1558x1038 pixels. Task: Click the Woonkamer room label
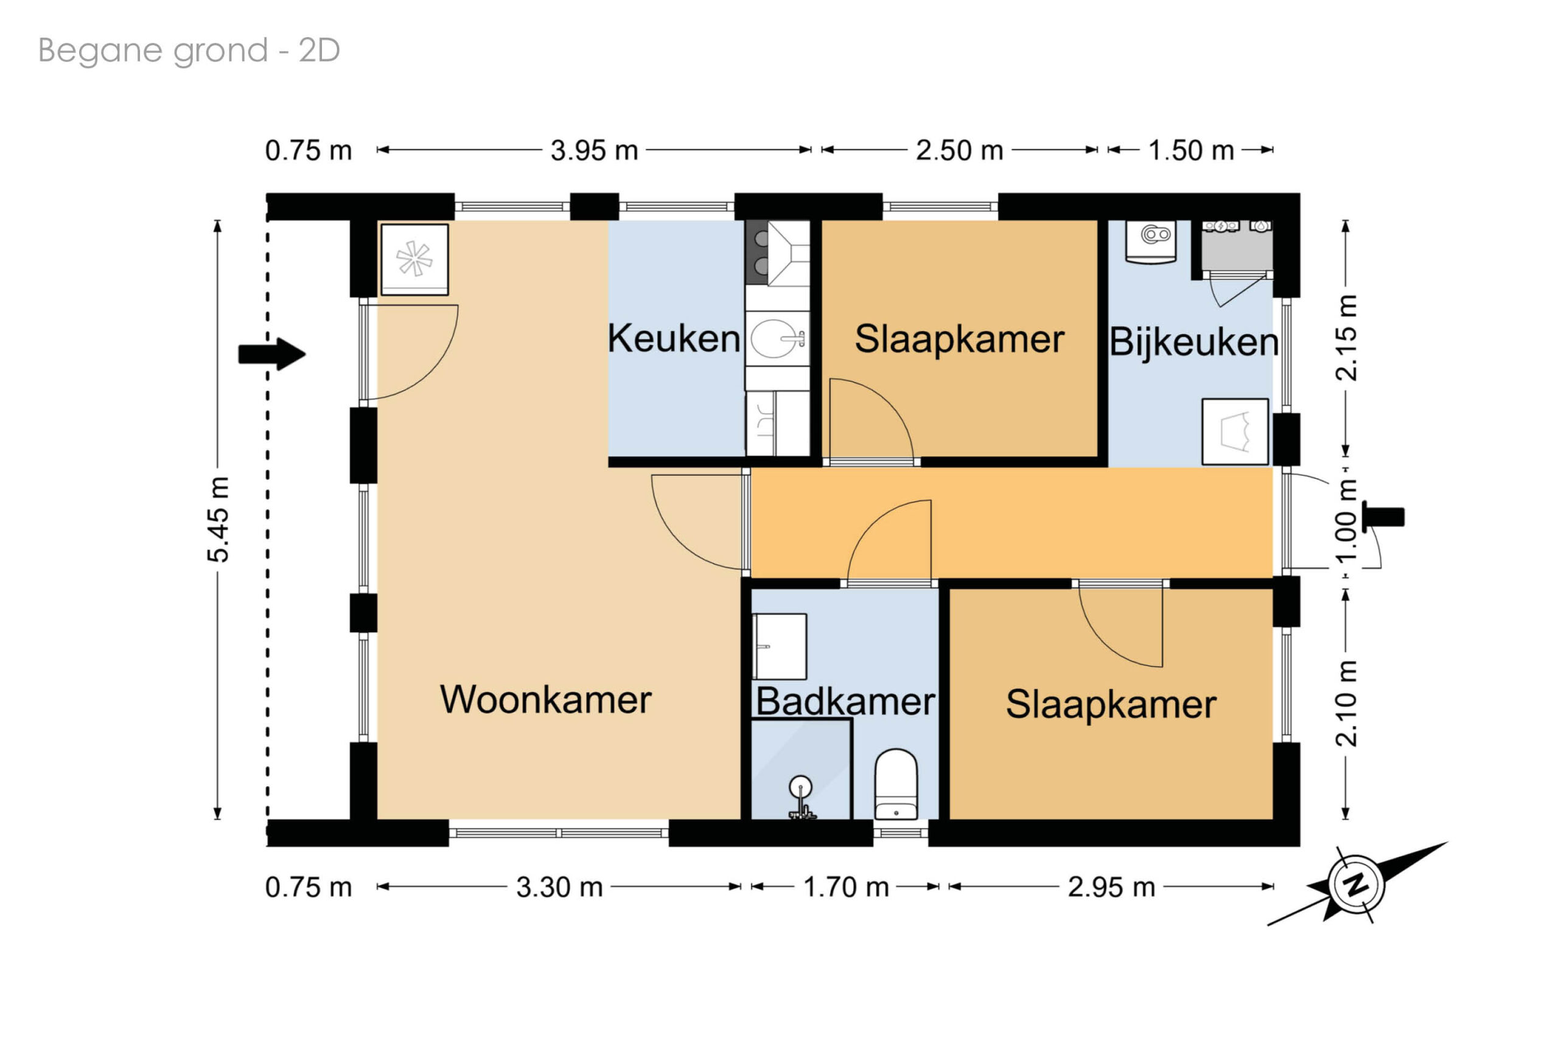[x=545, y=700]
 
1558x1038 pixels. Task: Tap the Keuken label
[x=673, y=338]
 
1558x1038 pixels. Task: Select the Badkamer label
[x=845, y=701]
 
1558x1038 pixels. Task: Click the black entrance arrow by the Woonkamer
[x=272, y=354]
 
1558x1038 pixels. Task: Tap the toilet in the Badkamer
[x=896, y=784]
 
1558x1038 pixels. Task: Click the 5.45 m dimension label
[x=218, y=520]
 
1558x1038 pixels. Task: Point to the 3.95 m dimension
[x=594, y=150]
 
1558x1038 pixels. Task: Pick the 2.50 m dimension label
[x=959, y=150]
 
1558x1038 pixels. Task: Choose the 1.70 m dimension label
[x=845, y=887]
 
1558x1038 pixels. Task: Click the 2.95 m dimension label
[x=1111, y=887]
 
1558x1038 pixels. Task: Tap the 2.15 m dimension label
[x=1346, y=338]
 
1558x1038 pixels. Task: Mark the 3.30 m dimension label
[x=559, y=887]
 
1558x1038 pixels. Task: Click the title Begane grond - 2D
[x=189, y=51]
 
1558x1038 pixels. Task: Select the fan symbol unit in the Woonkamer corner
[x=414, y=259]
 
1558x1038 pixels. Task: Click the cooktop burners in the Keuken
[x=756, y=253]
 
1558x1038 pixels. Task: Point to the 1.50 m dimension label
[x=1190, y=150]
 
